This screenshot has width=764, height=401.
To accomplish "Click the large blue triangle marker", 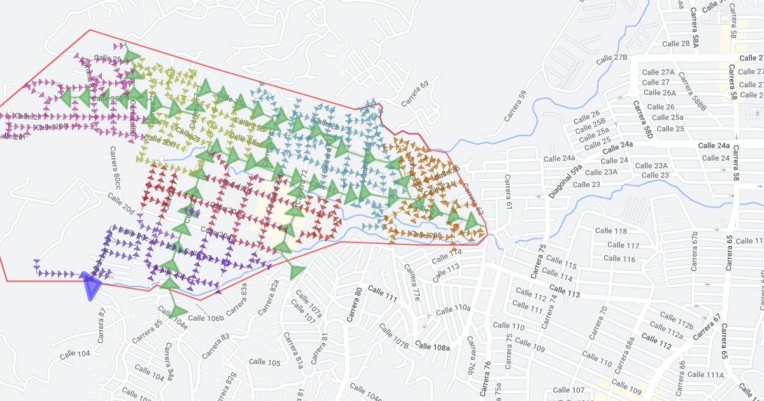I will pos(92,285).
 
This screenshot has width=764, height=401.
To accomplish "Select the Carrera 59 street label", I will pos(516,106).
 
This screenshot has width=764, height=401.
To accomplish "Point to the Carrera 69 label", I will pos(415,94).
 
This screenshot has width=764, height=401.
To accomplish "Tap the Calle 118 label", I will pos(611,230).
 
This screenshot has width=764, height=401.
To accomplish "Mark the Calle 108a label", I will pos(432,347).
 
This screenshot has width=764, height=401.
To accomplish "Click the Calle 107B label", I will pos(393,336).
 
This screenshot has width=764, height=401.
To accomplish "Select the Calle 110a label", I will pos(453,309).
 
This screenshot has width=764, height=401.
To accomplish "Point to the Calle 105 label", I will pos(265,362).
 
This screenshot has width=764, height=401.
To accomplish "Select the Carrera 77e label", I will pos(413,284).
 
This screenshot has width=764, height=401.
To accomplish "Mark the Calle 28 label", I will pos(676,43).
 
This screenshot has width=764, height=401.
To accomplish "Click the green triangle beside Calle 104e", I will pos(176,311).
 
